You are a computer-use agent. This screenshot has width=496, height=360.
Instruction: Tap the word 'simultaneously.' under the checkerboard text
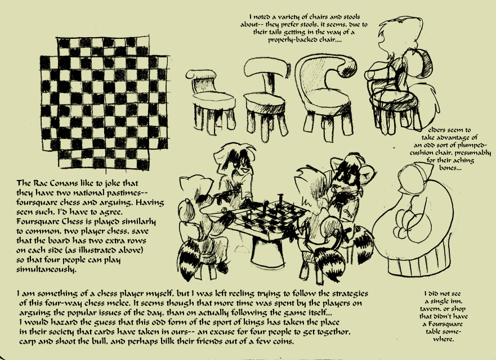click(46, 270)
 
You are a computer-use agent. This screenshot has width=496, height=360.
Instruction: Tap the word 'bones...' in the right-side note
click(450, 168)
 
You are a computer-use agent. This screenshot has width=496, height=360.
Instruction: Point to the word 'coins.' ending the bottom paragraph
click(284, 341)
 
